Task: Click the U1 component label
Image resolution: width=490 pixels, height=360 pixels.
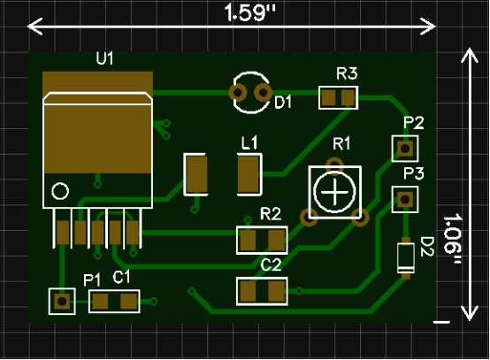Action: click(104, 58)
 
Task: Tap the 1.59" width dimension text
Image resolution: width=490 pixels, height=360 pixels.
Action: click(250, 12)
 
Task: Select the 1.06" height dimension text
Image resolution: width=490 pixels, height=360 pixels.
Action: click(452, 239)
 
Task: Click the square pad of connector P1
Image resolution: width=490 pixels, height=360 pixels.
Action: click(62, 302)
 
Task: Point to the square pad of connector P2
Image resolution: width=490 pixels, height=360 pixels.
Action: click(405, 149)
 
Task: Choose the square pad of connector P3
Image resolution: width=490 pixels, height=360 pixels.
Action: click(405, 199)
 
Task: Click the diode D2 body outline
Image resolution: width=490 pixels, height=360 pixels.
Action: click(406, 258)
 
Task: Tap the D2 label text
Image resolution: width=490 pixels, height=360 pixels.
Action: click(426, 247)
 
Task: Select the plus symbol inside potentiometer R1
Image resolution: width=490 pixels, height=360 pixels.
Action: click(334, 192)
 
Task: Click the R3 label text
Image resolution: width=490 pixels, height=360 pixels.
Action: click(347, 73)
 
